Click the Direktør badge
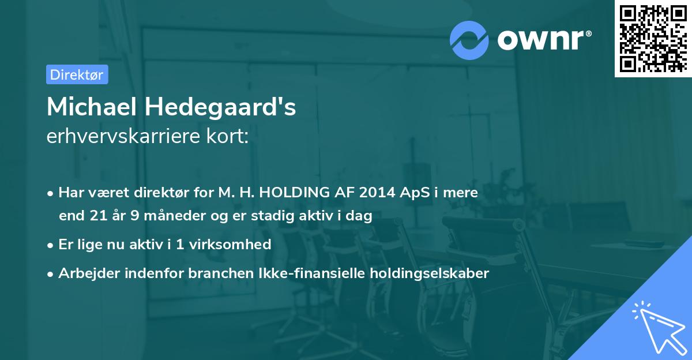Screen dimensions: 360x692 tap(77, 74)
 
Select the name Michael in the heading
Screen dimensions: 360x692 tap(91, 107)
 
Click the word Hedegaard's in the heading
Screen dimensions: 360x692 tap(220, 107)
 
